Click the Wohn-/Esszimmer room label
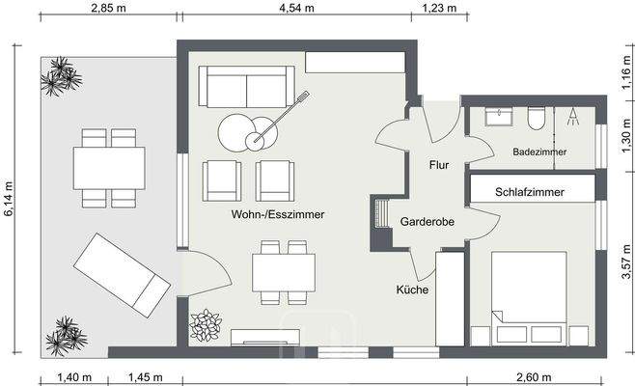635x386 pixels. coord(277,214)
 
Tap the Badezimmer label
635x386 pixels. coord(539,152)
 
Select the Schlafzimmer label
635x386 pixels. coord(530,192)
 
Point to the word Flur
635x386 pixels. coord(439,164)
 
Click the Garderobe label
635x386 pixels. coord(428,222)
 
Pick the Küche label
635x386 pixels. coord(412,289)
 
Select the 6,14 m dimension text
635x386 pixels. coord(10,200)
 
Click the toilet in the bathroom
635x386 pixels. coord(538,118)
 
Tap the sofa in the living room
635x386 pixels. coord(247,88)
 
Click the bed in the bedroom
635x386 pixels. coord(530,298)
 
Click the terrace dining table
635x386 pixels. coord(109,168)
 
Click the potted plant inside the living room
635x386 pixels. coord(206,325)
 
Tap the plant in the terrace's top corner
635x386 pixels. coord(59,75)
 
